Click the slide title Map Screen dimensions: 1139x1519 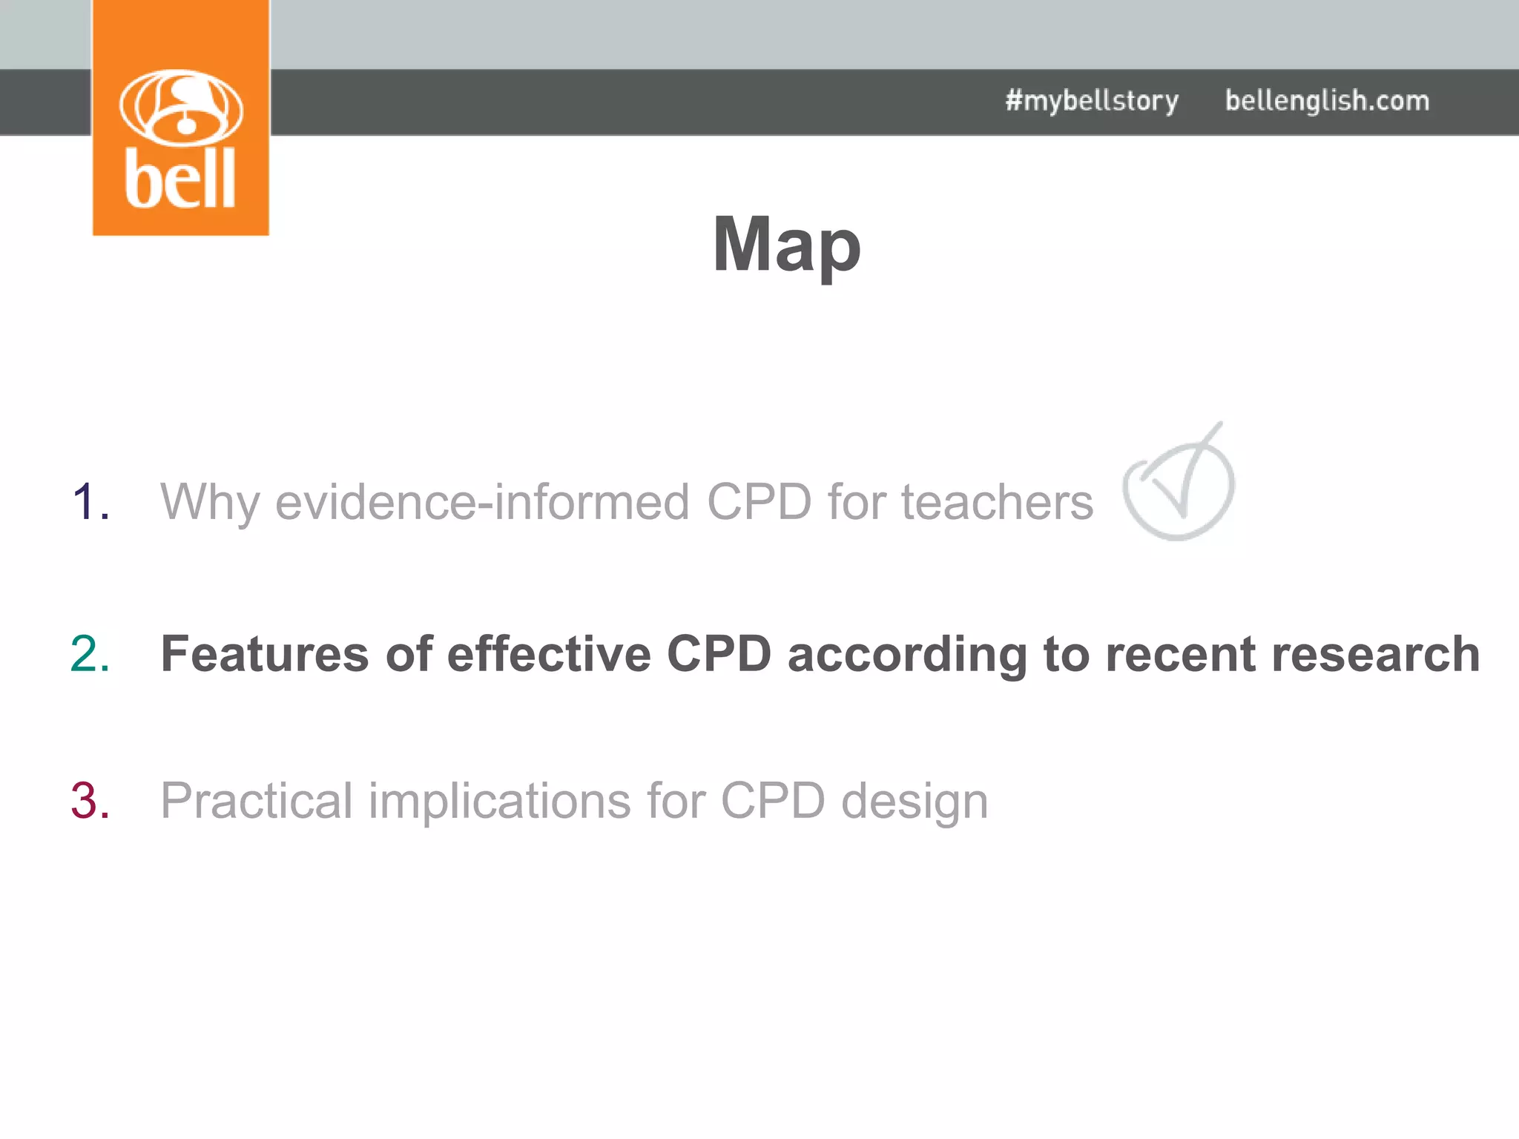tap(786, 245)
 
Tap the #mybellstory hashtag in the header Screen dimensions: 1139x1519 tap(1092, 101)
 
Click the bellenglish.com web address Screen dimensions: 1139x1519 tap(1327, 101)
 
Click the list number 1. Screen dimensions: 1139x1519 tap(90, 502)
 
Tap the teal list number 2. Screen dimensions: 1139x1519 tap(90, 654)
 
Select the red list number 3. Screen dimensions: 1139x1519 tap(90, 801)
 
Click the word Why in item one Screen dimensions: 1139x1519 tap(210, 503)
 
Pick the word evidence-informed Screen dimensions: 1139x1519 tap(483, 503)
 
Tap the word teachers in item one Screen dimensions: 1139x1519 tap(997, 503)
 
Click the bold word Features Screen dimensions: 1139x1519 tap(265, 654)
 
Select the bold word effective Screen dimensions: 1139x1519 tap(549, 654)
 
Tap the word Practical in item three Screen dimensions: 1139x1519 tap(256, 802)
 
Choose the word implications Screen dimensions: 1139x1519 tap(499, 802)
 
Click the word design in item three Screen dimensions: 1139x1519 tap(915, 802)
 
